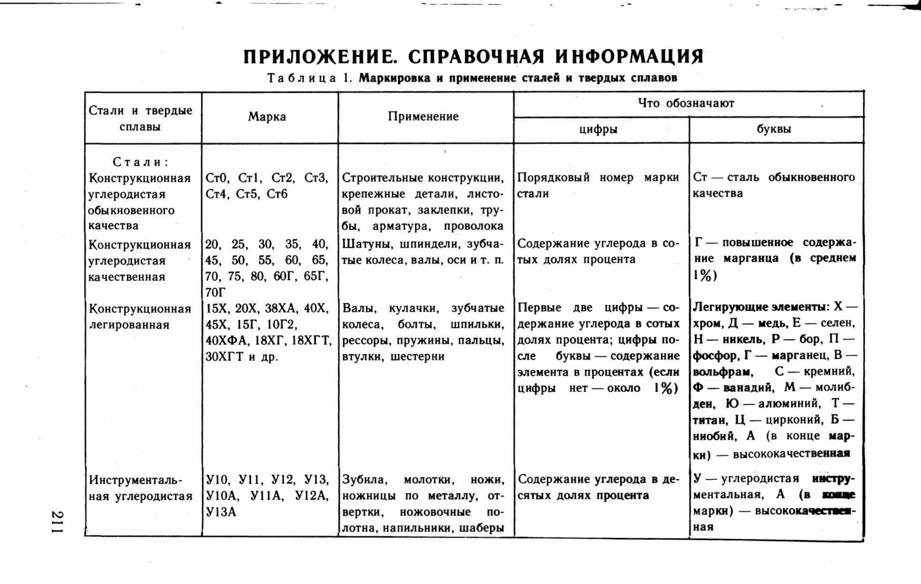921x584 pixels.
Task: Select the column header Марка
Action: click(x=267, y=117)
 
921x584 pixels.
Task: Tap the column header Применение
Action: click(x=423, y=117)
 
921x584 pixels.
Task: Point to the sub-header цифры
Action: click(x=598, y=129)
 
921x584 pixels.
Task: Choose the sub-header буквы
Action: click(x=774, y=129)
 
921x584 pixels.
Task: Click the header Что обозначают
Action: click(x=686, y=103)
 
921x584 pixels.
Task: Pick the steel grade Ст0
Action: click(x=217, y=178)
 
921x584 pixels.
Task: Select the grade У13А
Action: click(x=221, y=513)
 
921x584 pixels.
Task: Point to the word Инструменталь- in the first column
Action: click(x=136, y=480)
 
